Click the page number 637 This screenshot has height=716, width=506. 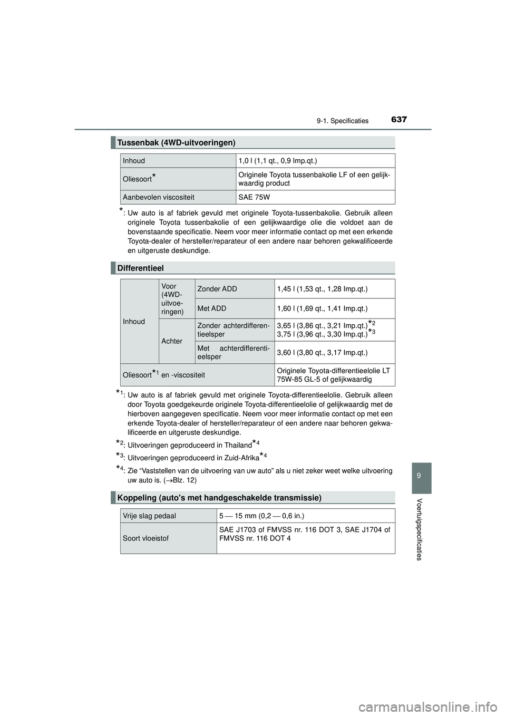point(399,120)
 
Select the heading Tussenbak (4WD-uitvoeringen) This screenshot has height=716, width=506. point(177,142)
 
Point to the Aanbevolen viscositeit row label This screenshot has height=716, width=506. point(159,197)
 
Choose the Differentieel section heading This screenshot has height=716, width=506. point(141,268)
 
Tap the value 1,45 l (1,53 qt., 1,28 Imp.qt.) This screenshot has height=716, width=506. point(322,288)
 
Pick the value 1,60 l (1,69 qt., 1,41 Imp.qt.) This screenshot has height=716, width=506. point(322,308)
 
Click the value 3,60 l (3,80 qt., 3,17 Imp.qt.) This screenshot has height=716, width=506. point(322,352)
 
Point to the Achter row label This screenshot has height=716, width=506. point(172,341)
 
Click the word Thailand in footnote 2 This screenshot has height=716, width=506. point(234,446)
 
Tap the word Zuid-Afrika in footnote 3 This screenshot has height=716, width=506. point(240,458)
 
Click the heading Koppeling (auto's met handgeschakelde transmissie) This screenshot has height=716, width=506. point(219,497)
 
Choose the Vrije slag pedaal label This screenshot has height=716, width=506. point(149,515)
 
